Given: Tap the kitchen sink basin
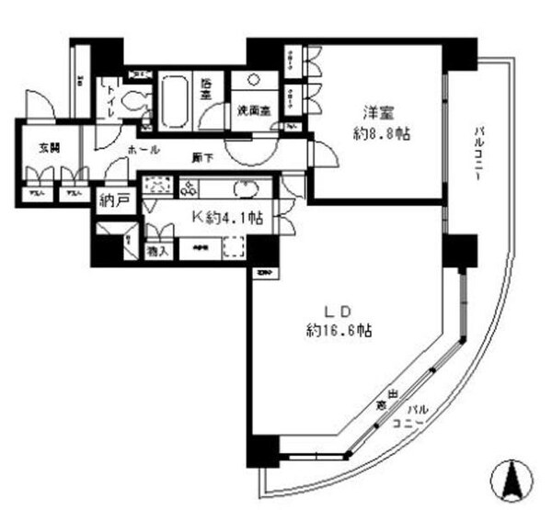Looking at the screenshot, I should (x=247, y=188).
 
